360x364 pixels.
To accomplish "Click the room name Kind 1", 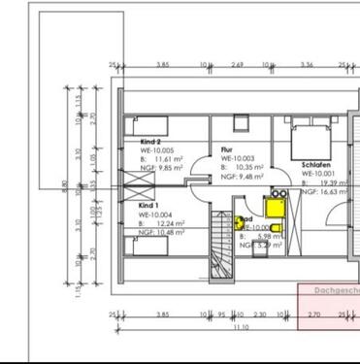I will [x=147, y=206].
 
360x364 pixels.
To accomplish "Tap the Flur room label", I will [x=227, y=149].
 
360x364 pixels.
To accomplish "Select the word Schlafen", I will [x=316, y=165].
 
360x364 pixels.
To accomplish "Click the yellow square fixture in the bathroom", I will [x=274, y=205].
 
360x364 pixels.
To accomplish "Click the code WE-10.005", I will [x=157, y=150].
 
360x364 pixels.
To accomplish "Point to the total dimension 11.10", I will [x=241, y=327].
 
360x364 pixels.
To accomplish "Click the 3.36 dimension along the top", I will [x=307, y=65].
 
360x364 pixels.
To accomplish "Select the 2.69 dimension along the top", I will [x=237, y=65].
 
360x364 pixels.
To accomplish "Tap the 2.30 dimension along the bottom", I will [x=258, y=314].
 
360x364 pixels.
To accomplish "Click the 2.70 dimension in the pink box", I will [x=313, y=314].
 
